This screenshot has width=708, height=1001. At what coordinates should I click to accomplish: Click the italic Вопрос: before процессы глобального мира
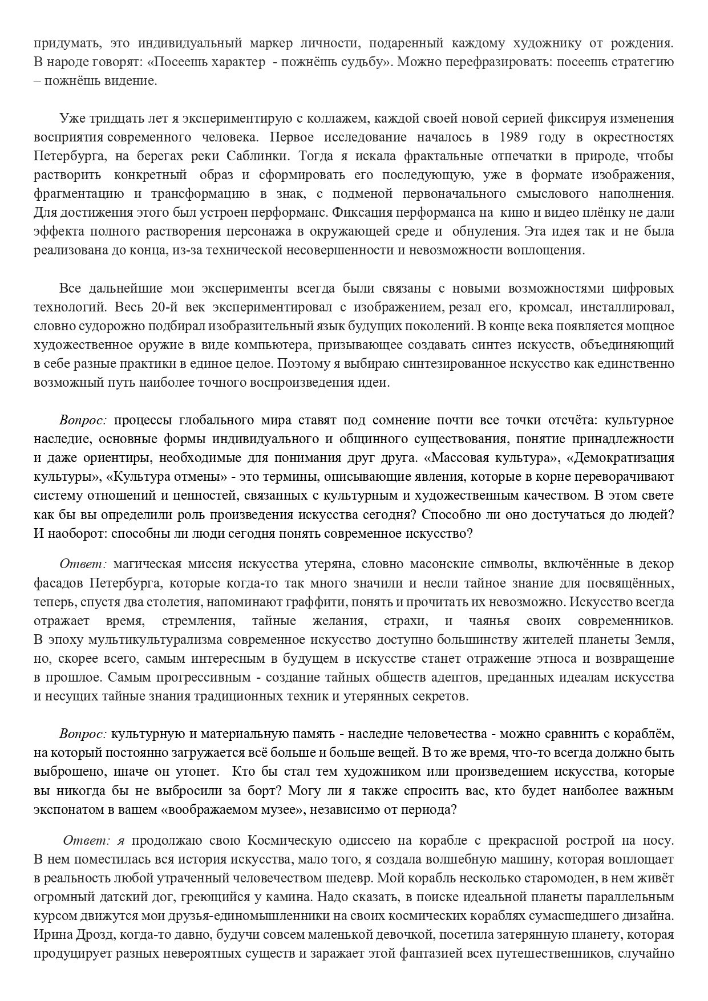pyautogui.click(x=83, y=420)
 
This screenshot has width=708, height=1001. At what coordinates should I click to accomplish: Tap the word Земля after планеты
pyautogui.click(x=657, y=639)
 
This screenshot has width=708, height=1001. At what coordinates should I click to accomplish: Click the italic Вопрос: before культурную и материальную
pyautogui.click(x=83, y=733)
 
